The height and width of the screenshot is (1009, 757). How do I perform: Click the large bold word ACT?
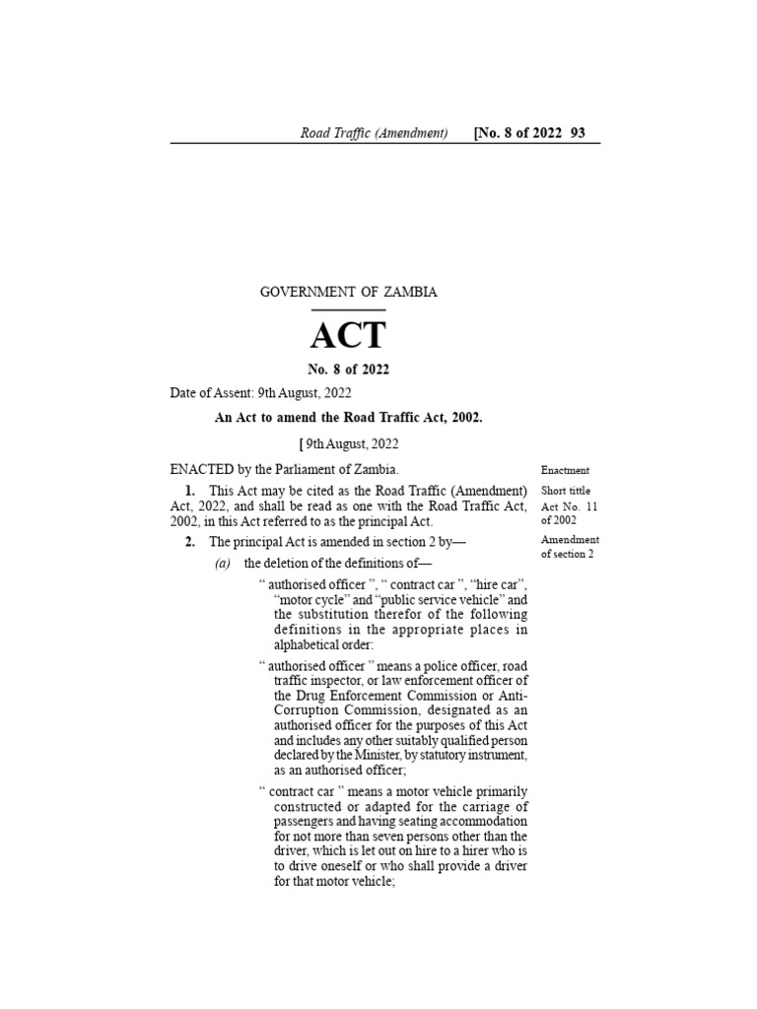click(348, 336)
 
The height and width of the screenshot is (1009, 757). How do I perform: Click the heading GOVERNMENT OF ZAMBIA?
click(348, 292)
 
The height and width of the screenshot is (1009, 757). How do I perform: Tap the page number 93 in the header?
click(578, 133)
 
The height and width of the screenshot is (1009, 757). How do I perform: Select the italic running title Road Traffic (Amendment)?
click(375, 133)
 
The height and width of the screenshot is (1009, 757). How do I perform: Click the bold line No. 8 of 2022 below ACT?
click(348, 370)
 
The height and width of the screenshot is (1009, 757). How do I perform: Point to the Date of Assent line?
click(260, 393)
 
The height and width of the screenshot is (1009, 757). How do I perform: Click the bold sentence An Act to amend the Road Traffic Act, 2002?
click(349, 418)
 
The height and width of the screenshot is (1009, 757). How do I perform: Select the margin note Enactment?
click(565, 471)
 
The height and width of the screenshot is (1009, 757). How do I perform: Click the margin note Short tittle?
click(566, 491)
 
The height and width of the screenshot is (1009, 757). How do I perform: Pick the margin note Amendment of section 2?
click(570, 547)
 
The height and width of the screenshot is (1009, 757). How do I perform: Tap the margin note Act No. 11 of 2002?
click(570, 513)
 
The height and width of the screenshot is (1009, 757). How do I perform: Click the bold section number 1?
click(189, 491)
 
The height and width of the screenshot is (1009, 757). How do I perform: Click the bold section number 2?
click(189, 542)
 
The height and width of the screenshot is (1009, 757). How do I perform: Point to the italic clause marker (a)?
click(224, 564)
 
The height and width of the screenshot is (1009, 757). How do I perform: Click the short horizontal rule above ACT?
click(348, 309)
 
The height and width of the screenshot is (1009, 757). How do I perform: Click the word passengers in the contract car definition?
click(307, 822)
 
